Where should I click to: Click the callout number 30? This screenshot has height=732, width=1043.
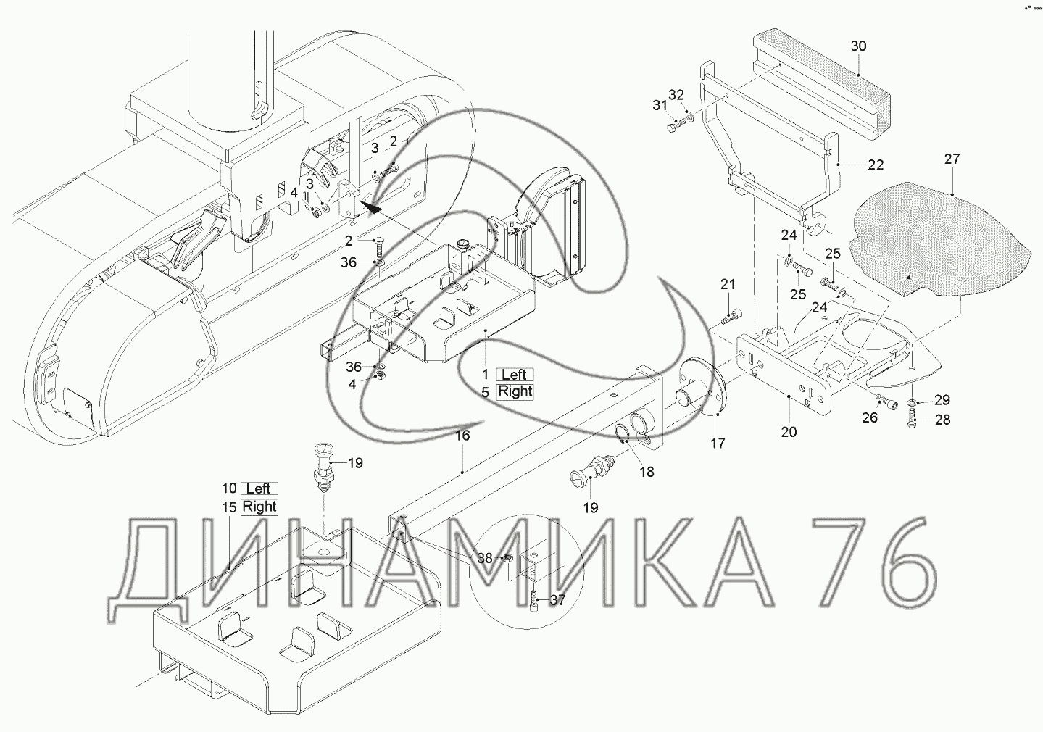tap(858, 46)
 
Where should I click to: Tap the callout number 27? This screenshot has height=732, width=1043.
tap(952, 159)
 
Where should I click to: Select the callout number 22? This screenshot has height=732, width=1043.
tap(876, 165)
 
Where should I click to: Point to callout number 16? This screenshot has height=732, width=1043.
tap(462, 436)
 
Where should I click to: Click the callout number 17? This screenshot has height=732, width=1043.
tap(718, 443)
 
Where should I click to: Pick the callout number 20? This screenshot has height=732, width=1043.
tap(789, 432)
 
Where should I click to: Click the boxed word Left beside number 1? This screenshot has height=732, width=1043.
tap(514, 375)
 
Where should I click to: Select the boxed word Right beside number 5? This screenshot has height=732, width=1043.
tap(515, 391)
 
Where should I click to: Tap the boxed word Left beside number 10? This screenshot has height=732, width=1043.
tap(259, 488)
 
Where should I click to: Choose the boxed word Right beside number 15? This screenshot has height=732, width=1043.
tap(259, 506)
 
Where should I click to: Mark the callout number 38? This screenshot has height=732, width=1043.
tap(485, 558)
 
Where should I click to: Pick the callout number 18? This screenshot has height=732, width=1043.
tap(647, 472)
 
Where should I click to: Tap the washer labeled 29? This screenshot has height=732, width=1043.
tap(911, 401)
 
